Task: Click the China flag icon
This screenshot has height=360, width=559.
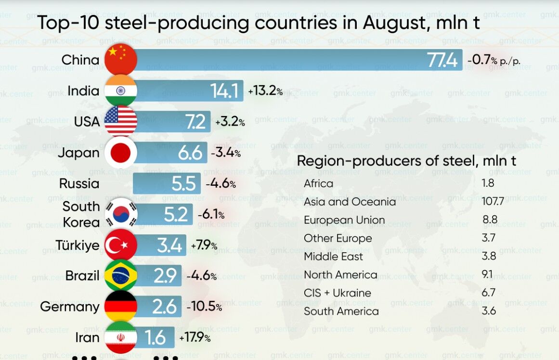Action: coord(121,60)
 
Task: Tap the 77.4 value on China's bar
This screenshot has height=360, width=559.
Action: coord(442,61)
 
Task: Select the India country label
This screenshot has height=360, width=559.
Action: coord(83,90)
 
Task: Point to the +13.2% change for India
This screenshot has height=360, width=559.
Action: coord(265,90)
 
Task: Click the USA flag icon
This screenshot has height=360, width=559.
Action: coord(121,121)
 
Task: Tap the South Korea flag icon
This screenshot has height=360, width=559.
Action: coord(121,214)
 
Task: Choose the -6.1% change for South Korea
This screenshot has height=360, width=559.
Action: coord(211,215)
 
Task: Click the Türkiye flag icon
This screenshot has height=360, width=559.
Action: coord(121,245)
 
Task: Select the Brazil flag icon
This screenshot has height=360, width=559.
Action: coord(121,276)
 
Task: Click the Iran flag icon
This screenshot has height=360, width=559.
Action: coord(121,337)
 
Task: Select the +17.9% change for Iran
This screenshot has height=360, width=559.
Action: coord(195,338)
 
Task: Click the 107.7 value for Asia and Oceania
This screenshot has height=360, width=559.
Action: coord(493,201)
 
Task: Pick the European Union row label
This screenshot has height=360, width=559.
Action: coord(344,220)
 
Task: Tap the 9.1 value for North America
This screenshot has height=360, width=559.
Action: coord(487,274)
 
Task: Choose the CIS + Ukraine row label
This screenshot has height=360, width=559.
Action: coord(337,293)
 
